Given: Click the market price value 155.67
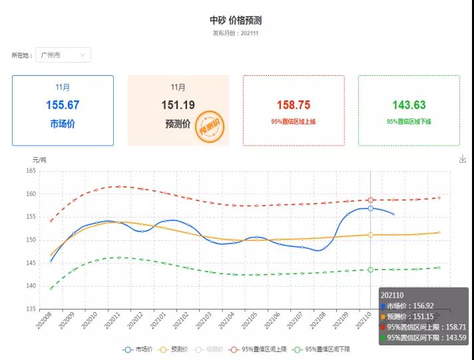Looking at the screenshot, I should click(x=63, y=105).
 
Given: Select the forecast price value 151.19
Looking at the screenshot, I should click(x=178, y=105).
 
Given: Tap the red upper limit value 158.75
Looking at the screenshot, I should click(x=294, y=105).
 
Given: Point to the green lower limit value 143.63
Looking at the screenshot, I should click(x=409, y=105).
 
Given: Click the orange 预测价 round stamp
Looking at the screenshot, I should click(x=212, y=126).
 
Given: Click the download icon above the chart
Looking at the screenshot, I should click(x=463, y=159).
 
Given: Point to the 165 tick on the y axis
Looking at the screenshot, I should click(x=31, y=171).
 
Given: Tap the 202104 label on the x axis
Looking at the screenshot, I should click(x=228, y=323).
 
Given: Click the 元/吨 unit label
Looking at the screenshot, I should click(x=40, y=160).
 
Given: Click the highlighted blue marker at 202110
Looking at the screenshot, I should click(x=370, y=208).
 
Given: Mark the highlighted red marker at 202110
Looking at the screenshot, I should click(x=370, y=200).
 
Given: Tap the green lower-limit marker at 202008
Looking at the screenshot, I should click(x=51, y=288).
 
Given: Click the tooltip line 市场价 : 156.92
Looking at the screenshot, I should click(x=417, y=306).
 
